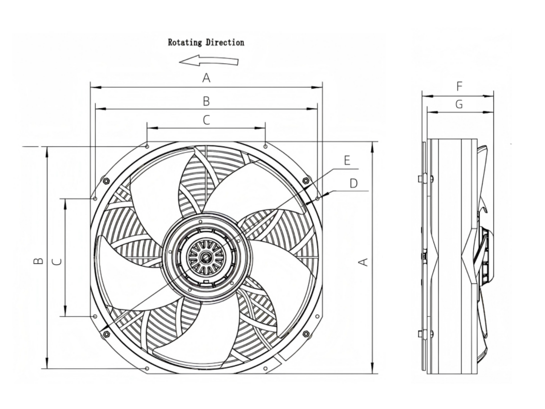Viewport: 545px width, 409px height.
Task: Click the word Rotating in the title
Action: point(185,42)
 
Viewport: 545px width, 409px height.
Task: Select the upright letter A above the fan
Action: point(206,78)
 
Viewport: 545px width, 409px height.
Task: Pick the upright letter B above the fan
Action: point(206,101)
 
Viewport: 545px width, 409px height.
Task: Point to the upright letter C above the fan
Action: point(206,120)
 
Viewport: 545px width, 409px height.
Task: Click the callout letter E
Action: point(347,160)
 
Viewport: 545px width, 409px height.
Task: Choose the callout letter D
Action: point(353,183)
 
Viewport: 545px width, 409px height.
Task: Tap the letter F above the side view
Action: point(459,86)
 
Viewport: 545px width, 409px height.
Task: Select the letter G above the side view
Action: point(459,105)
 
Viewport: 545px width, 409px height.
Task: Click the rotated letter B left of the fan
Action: point(38,261)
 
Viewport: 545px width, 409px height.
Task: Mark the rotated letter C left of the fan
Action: point(57,262)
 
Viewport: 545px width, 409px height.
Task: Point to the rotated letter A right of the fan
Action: point(363,262)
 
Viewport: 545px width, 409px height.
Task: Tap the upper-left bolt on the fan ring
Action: point(106,181)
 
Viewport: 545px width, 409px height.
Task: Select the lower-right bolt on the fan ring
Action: point(306,333)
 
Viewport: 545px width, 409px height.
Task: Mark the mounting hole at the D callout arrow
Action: point(317,199)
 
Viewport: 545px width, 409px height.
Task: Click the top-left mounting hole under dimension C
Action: point(147,146)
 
